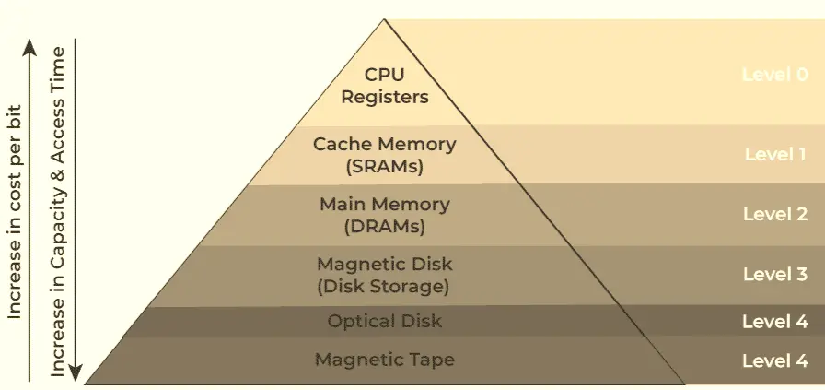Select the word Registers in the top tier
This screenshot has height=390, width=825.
click(x=384, y=96)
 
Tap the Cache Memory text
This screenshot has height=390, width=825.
click(x=384, y=144)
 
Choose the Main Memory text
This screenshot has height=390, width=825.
click(x=384, y=204)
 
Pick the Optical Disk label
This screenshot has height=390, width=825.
click(x=384, y=321)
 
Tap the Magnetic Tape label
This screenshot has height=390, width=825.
click(x=384, y=360)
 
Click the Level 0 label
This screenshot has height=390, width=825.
click(x=774, y=74)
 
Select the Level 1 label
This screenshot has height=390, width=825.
click(x=775, y=153)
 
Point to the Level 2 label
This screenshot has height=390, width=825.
click(x=775, y=214)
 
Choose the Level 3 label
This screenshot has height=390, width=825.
click(x=775, y=274)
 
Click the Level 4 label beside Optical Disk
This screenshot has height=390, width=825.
click(x=775, y=322)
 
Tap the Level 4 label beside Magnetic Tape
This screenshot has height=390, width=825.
click(x=775, y=360)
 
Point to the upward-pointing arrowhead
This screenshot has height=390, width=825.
click(x=30, y=44)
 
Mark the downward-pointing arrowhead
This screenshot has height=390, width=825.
click(x=77, y=375)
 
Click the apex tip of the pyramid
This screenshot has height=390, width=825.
click(x=384, y=19)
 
